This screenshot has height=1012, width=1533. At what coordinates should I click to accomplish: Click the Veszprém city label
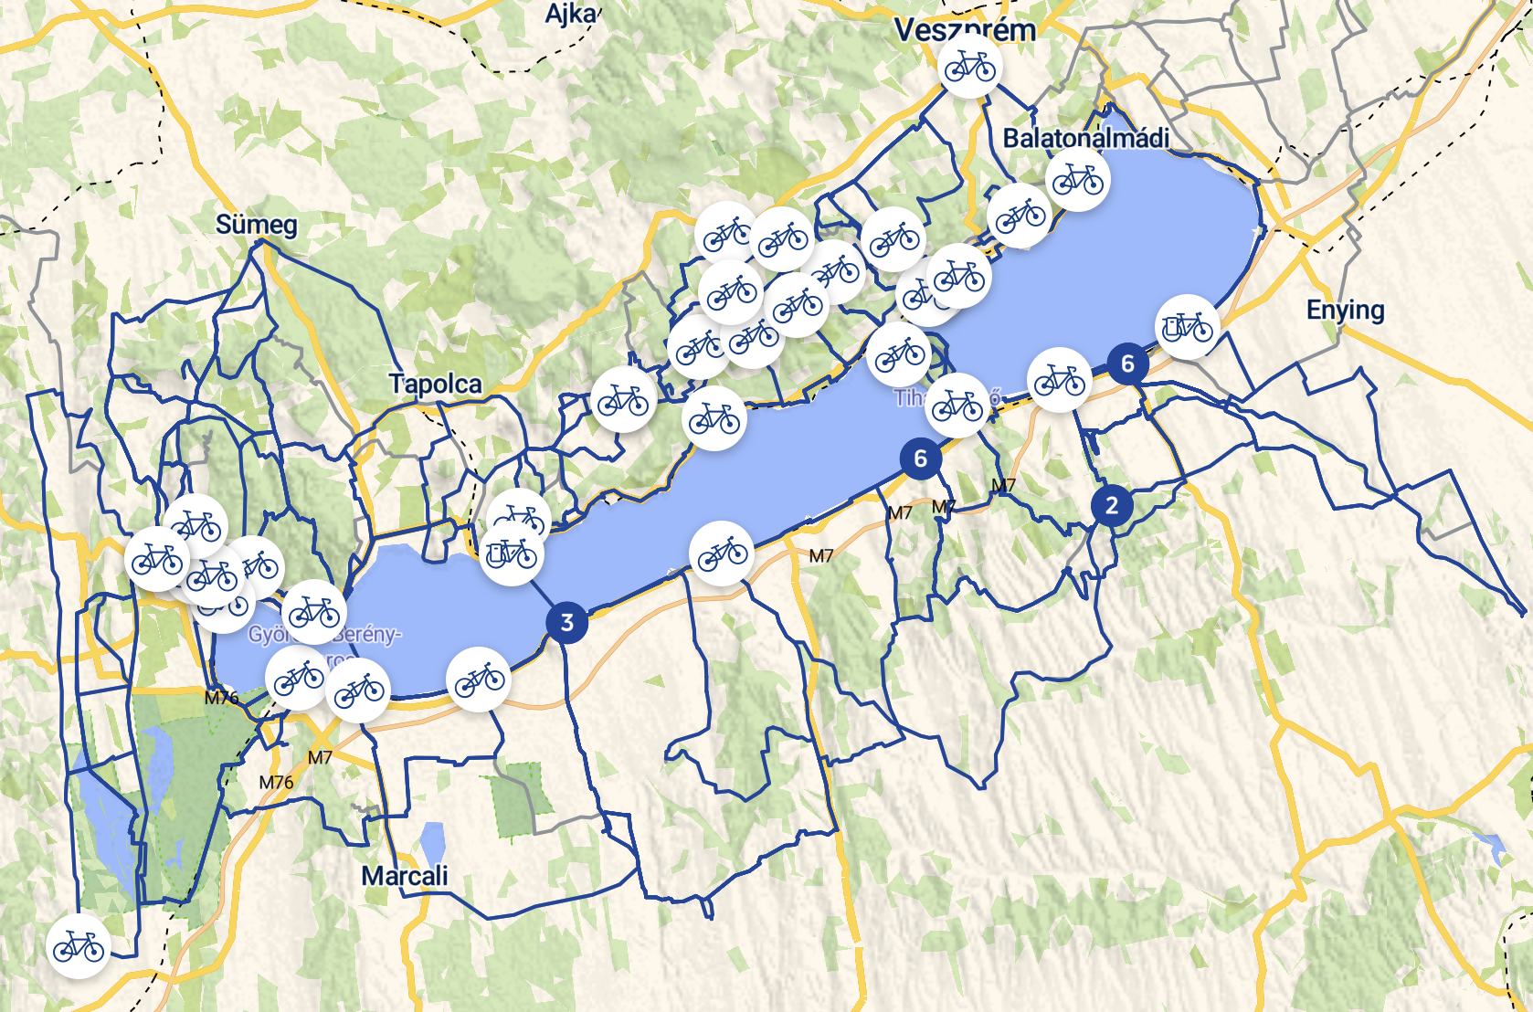pos(965,30)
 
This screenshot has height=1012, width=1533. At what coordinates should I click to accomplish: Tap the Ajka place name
pos(570,14)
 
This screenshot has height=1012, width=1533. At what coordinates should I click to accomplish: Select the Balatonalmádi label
pos(1086,138)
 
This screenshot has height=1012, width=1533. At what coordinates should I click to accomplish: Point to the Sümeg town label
pos(257,225)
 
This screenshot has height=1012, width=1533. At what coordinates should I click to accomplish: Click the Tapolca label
pos(436,384)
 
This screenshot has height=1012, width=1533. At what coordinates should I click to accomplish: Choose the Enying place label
pos(1345,310)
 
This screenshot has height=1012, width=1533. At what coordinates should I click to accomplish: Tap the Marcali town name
pos(405,876)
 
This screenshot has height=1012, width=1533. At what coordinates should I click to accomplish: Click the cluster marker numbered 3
pos(567,623)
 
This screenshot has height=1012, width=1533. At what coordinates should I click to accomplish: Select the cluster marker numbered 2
pos(1112,505)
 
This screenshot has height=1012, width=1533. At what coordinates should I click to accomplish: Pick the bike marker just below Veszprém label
pos(969,68)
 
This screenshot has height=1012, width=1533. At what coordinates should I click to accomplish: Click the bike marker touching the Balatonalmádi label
pos(1078,180)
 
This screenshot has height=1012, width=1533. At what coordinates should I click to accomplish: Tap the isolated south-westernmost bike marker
pos(79,947)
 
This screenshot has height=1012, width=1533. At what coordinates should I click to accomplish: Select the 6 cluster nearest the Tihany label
pos(921,459)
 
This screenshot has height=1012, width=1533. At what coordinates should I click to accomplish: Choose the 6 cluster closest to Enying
pos(1128,364)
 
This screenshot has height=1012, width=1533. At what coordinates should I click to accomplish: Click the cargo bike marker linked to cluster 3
pos(512,553)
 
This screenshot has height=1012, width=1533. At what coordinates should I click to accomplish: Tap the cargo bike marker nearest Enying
pos(1188,326)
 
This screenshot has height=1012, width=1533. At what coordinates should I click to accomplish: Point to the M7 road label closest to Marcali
pos(320,757)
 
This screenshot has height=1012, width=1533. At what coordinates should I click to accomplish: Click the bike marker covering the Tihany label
pos(957,405)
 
